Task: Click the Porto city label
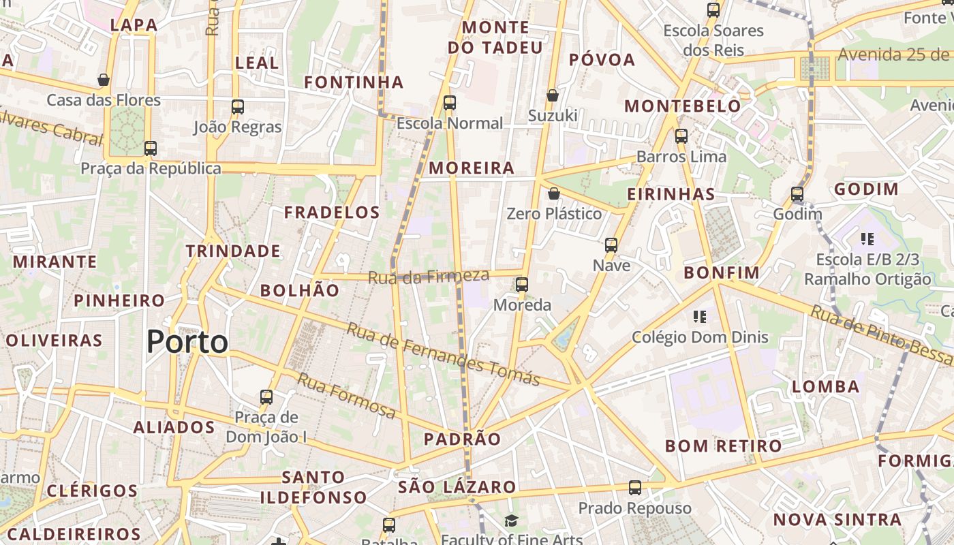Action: click(x=187, y=341)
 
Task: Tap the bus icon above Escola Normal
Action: click(x=450, y=103)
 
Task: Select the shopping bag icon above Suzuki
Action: click(x=553, y=95)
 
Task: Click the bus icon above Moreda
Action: click(x=522, y=284)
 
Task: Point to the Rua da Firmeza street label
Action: click(x=429, y=277)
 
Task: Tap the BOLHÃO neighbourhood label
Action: click(x=300, y=290)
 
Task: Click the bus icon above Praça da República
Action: click(x=151, y=148)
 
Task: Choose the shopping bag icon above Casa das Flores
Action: click(x=104, y=80)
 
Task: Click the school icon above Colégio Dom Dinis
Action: click(x=699, y=316)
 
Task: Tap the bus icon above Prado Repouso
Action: click(x=635, y=487)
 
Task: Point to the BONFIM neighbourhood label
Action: click(x=722, y=273)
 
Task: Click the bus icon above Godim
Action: click(x=797, y=194)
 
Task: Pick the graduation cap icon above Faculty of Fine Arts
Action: click(x=511, y=521)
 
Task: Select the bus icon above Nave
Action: click(x=611, y=245)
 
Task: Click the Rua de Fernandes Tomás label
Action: click(x=443, y=354)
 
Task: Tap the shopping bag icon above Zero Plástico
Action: click(x=554, y=194)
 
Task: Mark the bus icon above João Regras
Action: click(x=238, y=106)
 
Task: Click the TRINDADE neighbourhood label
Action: click(x=233, y=251)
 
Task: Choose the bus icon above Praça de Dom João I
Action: click(x=266, y=396)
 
